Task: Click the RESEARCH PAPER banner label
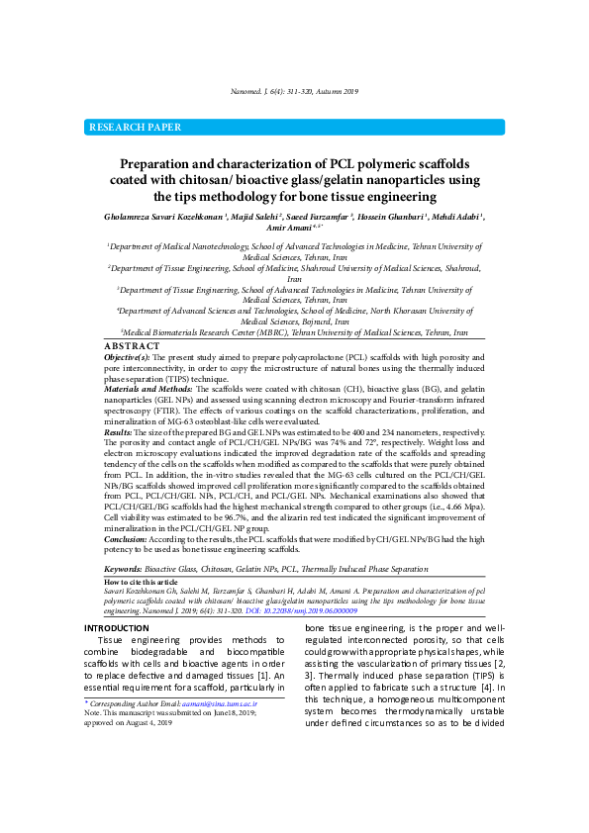point(136,128)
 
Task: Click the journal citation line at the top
point(294,91)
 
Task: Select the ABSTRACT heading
point(132,346)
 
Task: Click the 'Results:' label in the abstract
point(118,432)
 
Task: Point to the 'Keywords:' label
point(123,571)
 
